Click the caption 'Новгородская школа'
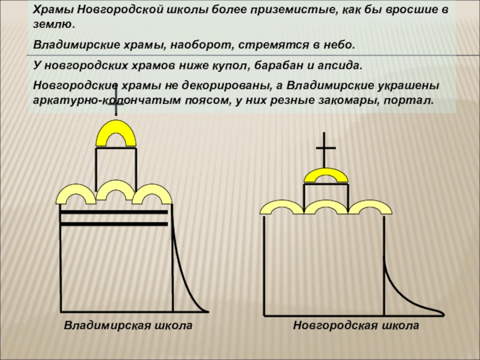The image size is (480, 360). [355, 325]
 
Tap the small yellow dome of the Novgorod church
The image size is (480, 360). [325, 175]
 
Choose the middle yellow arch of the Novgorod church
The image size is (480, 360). [325, 205]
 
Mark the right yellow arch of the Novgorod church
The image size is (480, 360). [366, 206]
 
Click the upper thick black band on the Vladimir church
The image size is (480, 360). [113, 212]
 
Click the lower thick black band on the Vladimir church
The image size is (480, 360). [113, 224]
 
